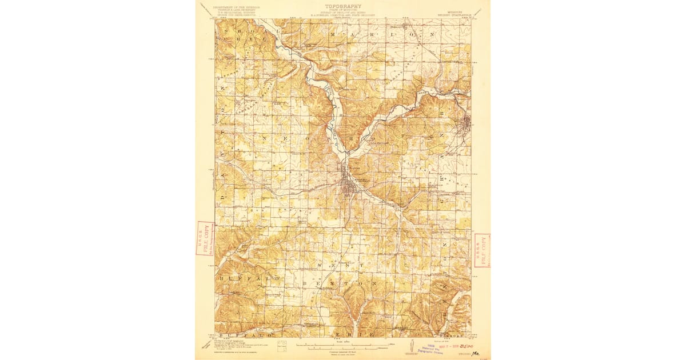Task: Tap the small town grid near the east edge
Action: [466, 123]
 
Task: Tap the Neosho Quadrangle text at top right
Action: [454, 10]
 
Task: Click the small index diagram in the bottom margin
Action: [280, 345]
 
